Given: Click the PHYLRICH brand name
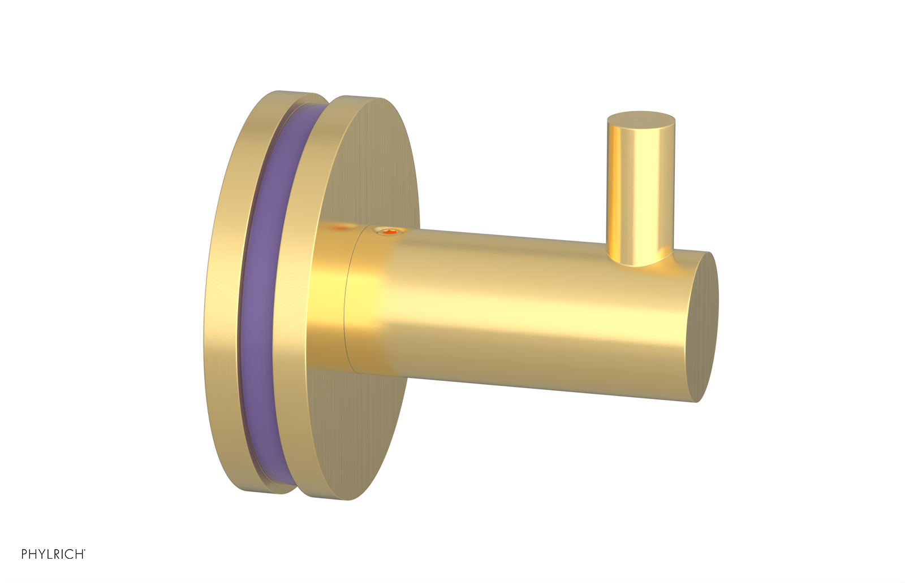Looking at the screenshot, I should click(53, 554).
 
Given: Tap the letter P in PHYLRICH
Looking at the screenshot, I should click(24, 554).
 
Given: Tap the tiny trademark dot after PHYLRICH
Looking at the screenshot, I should click(85, 551).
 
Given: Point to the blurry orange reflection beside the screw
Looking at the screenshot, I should click(341, 228).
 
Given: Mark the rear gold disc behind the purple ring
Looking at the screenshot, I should click(226, 294).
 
